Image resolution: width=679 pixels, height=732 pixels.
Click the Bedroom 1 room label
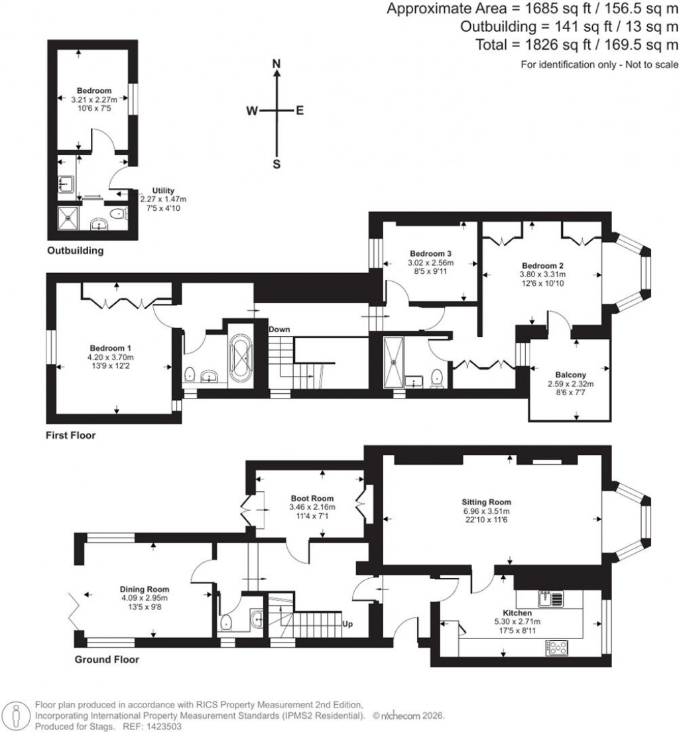pos(111,348)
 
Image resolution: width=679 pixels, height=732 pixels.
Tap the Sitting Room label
pos(487,502)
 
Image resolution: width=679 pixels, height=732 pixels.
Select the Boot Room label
pos(312,499)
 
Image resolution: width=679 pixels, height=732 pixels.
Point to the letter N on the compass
pos(277,64)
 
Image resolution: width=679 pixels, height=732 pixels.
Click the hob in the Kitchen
pos(556,646)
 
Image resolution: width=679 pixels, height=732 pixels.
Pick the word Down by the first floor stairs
pos(280,330)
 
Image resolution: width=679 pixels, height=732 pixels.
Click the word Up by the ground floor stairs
pos(347,624)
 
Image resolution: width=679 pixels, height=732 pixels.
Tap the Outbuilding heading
pos(75,251)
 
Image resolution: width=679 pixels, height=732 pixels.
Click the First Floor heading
pos(70,436)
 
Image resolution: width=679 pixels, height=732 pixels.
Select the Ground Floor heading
pos(106,660)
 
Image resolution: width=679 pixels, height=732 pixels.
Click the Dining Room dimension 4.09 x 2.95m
pos(145,598)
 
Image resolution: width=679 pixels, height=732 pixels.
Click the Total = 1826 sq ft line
pos(577,45)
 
